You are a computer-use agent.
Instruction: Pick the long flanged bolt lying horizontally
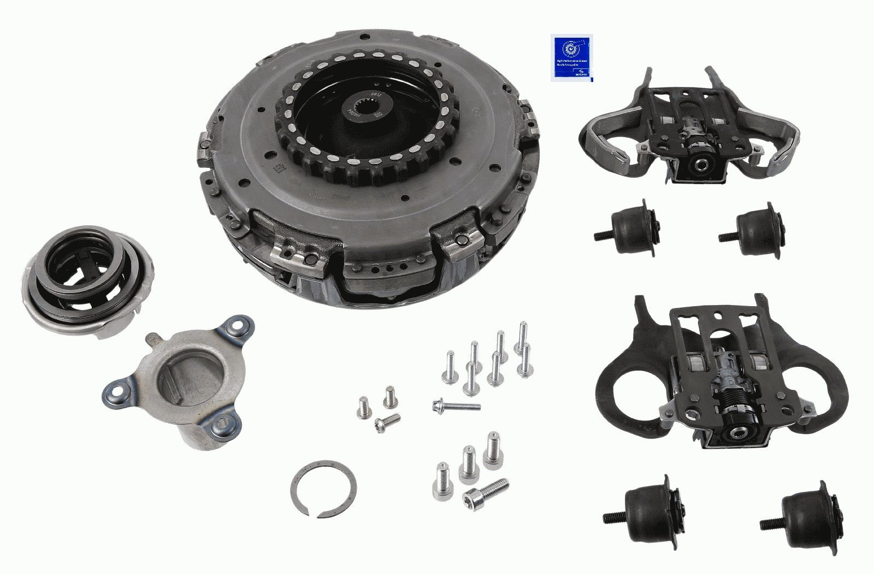(457, 406)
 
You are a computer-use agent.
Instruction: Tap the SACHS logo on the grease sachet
(581, 71)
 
